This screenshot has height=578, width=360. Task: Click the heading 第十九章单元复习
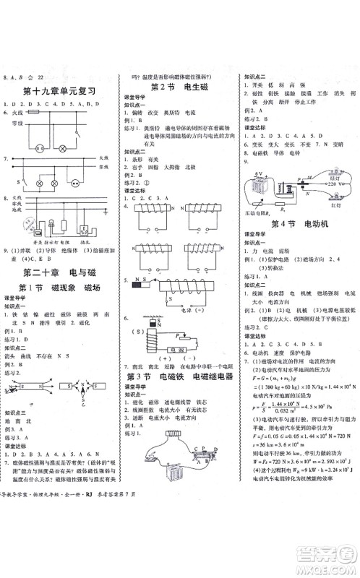click(x=64, y=91)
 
